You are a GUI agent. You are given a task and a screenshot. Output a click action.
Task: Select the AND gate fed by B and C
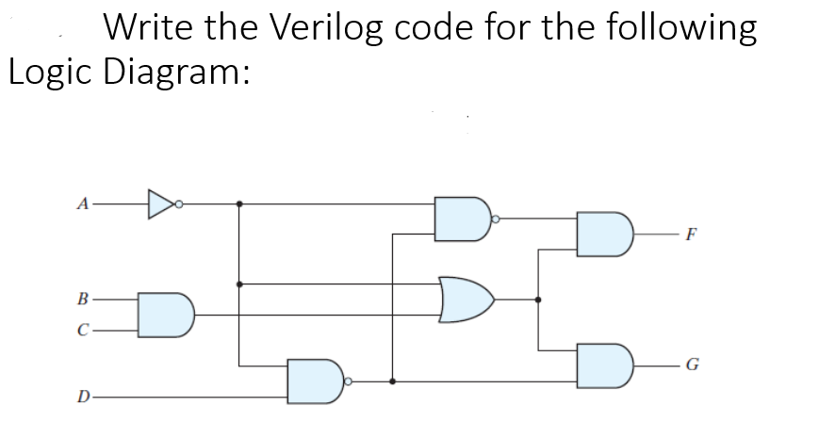point(166,315)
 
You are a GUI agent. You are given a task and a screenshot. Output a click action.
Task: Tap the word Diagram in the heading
point(177,73)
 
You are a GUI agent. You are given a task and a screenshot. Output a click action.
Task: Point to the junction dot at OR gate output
point(538,300)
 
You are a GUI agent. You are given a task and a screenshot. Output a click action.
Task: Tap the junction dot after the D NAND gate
point(392,381)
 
